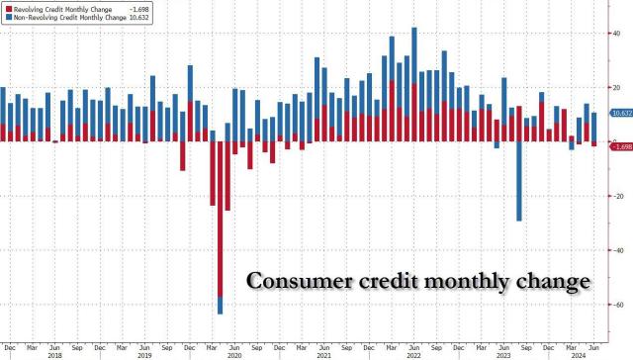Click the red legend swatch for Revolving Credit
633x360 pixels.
(7, 6)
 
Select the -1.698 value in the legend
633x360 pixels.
(156, 6)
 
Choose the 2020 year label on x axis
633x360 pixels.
(233, 353)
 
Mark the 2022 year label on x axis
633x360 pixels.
(411, 353)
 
